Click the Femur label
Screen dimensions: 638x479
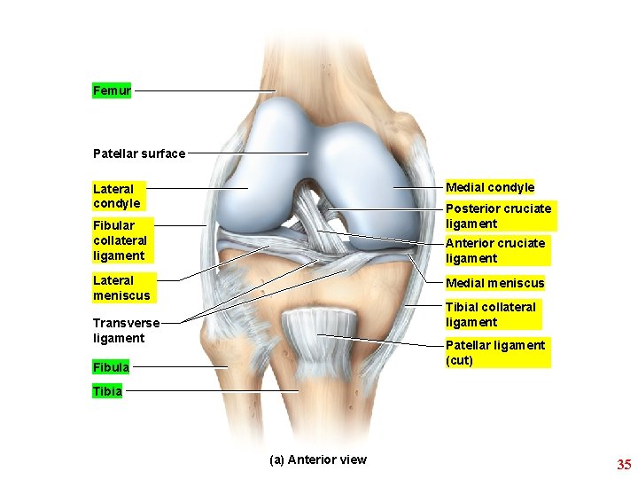pos(112,90)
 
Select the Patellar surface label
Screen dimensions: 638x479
pos(139,153)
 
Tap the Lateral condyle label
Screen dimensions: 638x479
pos(116,196)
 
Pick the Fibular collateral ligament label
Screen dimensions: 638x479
pos(121,240)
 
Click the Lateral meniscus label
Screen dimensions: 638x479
pos(121,287)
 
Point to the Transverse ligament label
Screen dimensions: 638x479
pos(126,331)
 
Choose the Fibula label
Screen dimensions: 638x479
pos(111,366)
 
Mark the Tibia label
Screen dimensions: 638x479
pos(107,390)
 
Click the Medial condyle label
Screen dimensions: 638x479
pos(490,187)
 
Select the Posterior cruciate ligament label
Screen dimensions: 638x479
pos(498,216)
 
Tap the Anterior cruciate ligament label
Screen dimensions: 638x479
pos(495,250)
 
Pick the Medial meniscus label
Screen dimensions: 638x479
pos(494,283)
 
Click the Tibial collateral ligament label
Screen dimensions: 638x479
pos(491,315)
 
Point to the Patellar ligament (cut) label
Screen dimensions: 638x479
pos(495,352)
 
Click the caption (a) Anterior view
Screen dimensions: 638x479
pos(317,459)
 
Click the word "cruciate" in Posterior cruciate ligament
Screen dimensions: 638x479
pos(526,208)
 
